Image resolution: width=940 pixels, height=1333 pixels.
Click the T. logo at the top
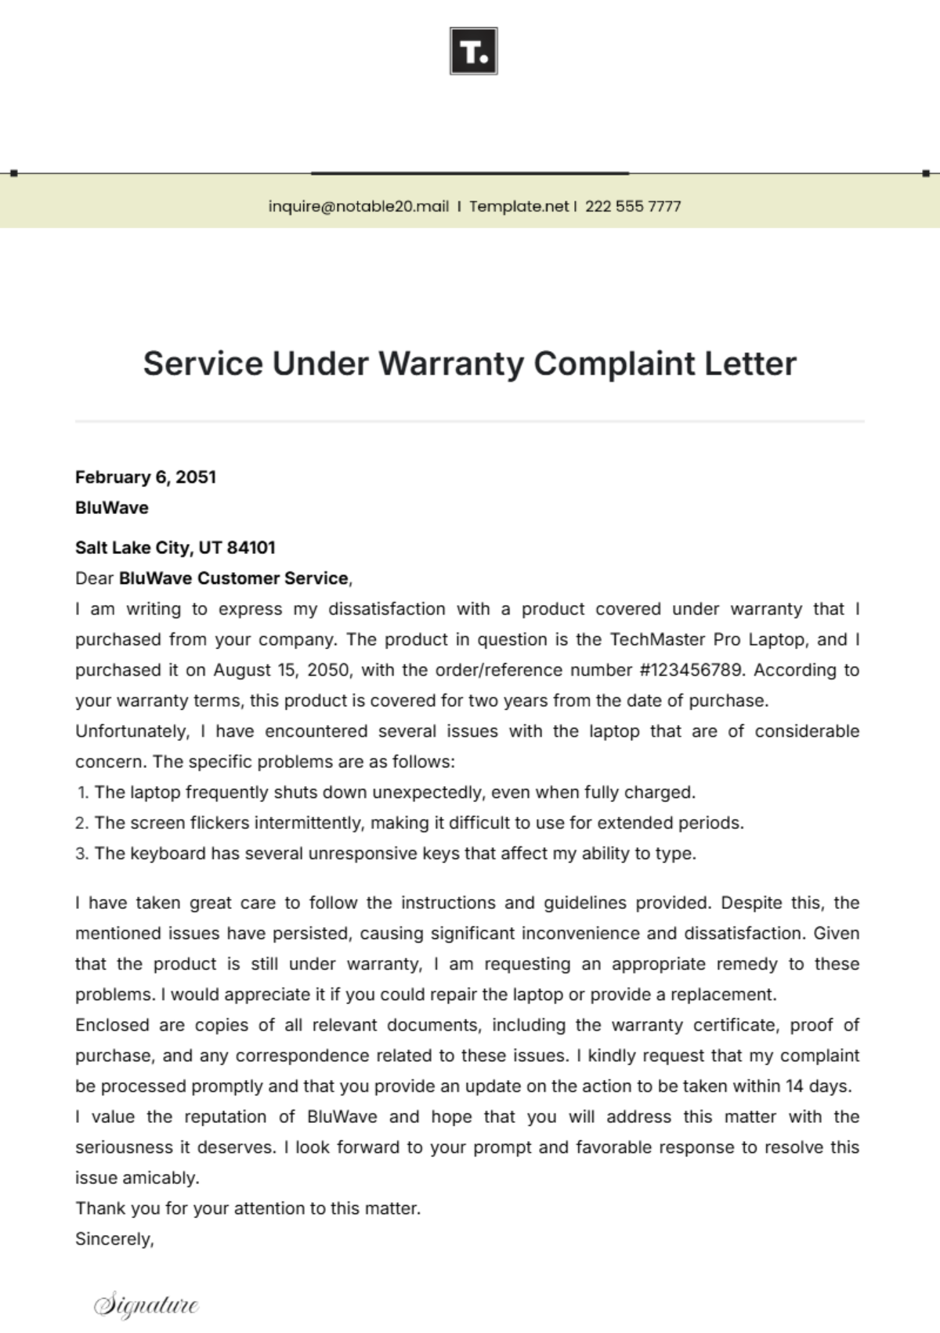473,51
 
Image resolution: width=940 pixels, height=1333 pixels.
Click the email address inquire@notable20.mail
358,206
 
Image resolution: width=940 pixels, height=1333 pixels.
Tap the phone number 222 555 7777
633,206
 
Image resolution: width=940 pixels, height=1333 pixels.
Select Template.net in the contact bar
519,206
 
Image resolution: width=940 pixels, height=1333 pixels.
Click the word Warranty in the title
451,364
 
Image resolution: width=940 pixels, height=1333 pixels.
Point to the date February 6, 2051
146,476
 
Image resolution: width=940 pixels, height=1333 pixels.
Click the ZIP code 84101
251,547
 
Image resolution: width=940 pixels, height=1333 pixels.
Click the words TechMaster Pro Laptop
707,639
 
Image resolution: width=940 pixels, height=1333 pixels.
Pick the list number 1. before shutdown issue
83,792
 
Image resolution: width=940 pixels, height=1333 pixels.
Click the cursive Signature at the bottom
146,1304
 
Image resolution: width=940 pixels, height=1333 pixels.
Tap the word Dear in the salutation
95,578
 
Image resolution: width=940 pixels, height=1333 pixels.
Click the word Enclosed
112,1025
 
